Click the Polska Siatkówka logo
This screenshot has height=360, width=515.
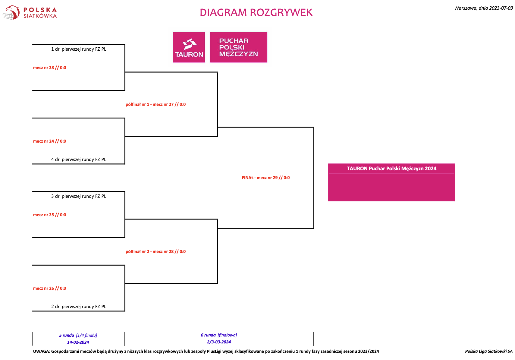(29, 13)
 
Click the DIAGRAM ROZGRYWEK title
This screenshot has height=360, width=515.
(256, 13)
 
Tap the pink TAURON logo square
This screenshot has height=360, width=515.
(189, 47)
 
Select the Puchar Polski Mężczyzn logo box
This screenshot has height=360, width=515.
(238, 47)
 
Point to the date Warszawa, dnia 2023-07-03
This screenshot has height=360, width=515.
(483, 8)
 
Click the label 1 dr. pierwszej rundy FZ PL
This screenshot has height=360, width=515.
(79, 49)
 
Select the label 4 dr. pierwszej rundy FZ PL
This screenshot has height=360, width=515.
(79, 159)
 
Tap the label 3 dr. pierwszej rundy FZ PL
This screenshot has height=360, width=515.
(79, 196)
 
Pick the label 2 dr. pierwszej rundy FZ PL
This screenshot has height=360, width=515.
(79, 307)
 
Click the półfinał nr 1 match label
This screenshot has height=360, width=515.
(156, 104)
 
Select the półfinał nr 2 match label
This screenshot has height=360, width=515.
(156, 252)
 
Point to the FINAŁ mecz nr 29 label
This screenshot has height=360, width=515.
(266, 178)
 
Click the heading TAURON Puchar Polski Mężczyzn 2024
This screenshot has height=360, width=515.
(391, 169)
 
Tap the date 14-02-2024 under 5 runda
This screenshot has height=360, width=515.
(78, 342)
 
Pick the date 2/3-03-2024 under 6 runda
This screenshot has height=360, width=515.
(219, 342)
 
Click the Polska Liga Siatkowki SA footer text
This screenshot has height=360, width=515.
(489, 351)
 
